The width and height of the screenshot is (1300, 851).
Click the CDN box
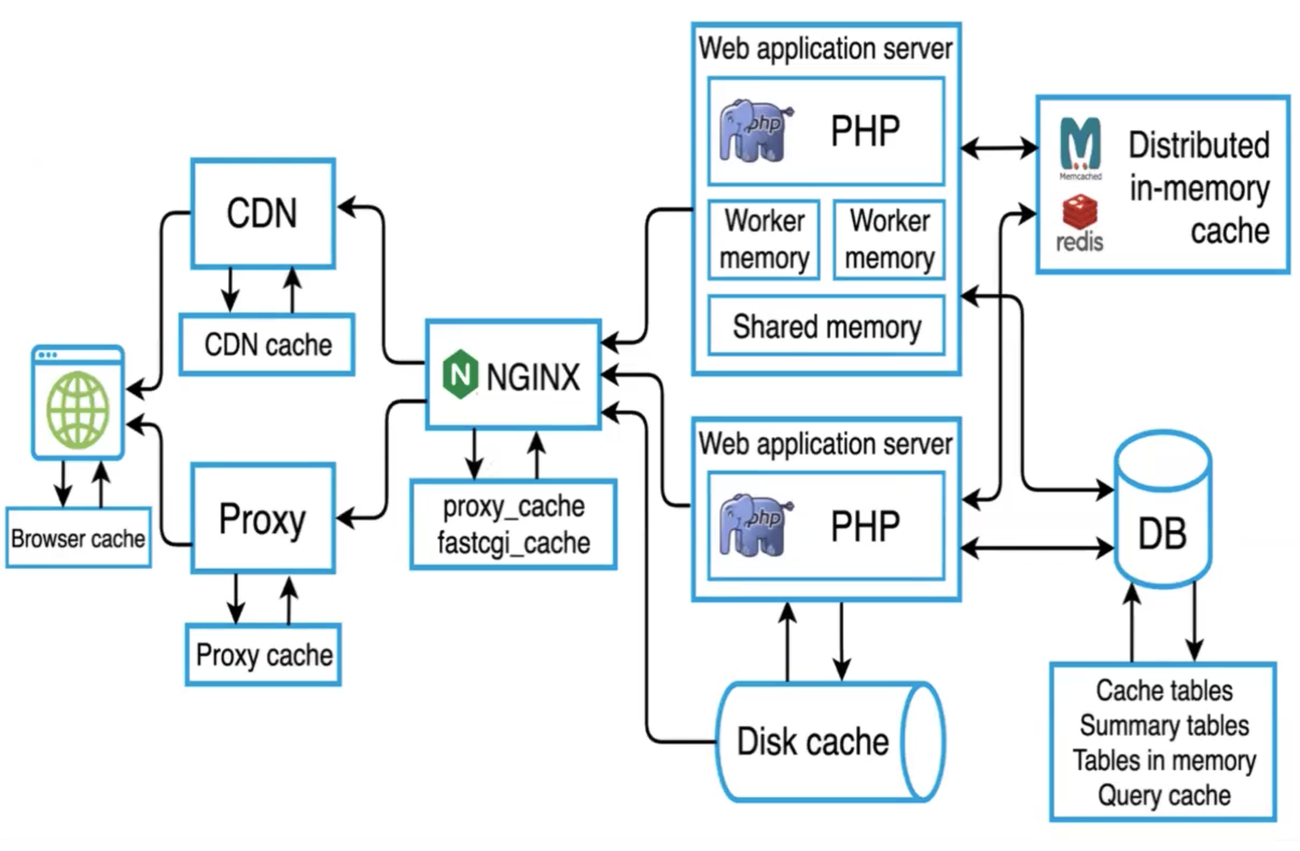(x=263, y=214)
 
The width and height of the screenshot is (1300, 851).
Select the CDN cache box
(x=267, y=345)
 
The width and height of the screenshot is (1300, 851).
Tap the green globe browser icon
(x=78, y=410)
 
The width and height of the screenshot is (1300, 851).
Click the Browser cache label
(x=78, y=539)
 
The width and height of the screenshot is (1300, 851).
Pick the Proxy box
(x=263, y=519)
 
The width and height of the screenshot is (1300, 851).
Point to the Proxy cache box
(x=263, y=655)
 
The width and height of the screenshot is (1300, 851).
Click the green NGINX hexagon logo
(x=460, y=375)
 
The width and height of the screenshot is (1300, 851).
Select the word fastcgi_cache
(x=513, y=543)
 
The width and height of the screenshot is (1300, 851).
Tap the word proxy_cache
(x=513, y=506)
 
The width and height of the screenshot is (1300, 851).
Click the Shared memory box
(x=826, y=326)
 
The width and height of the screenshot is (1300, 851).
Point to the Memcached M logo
(x=1080, y=143)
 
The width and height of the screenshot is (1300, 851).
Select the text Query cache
(x=1164, y=796)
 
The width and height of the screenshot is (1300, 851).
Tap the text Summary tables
(x=1164, y=726)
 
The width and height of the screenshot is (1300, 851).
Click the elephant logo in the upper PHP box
(x=754, y=130)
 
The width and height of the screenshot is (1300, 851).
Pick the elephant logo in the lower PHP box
(x=754, y=526)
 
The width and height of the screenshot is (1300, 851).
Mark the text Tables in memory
(x=1164, y=761)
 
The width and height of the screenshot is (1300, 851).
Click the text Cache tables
(x=1164, y=691)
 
